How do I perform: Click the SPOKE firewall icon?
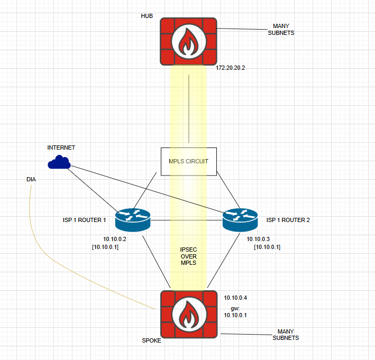[188, 315]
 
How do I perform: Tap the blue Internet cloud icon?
[59, 162]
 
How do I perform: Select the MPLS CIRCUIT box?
[188, 161]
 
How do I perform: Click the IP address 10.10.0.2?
[115, 239]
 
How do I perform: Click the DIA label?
[31, 180]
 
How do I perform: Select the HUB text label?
[147, 16]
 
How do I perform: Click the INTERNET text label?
[61, 147]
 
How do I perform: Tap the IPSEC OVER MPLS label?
[188, 256]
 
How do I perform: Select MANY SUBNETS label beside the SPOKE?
[285, 335]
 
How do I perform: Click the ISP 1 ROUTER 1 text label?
[84, 220]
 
